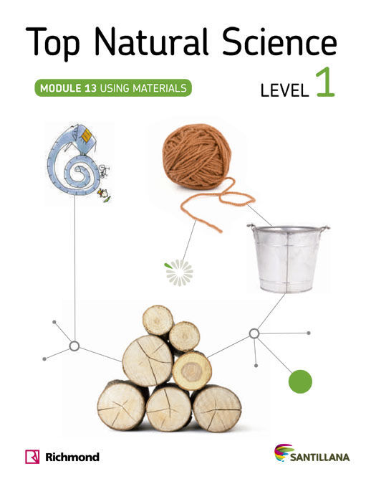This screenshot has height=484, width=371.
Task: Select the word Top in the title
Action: pos(53,44)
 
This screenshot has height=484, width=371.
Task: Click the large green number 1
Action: pos(325,82)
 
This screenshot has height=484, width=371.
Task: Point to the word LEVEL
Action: pos(284,90)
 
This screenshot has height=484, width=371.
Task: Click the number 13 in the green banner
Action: pos(90,88)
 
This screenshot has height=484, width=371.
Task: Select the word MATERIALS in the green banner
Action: pos(160,88)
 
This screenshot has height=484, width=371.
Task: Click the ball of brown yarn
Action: pos(197,156)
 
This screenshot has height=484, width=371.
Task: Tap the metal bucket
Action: pos(288,258)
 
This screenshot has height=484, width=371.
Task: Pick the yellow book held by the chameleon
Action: pos(87,136)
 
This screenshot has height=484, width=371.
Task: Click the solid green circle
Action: pos(300,381)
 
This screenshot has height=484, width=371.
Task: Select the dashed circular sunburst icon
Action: pos(179,272)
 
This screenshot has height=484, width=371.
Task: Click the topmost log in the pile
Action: pos(158,321)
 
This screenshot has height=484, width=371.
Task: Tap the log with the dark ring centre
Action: pos(192,371)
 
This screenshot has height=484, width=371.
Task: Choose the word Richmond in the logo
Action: pos(72,457)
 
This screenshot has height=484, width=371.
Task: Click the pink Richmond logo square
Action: pos(32,457)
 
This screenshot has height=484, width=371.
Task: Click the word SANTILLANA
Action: pos(319,457)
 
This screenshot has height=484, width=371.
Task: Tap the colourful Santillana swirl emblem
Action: pos(284,452)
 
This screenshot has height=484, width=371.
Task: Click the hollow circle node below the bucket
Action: pos(254,333)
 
